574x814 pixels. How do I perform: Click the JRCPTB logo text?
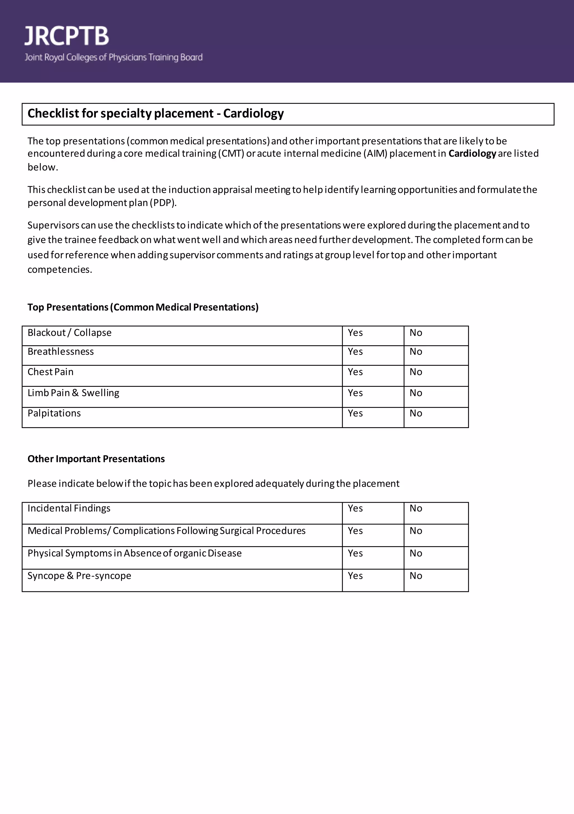point(67,36)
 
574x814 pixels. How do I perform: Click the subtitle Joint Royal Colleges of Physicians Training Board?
point(113,58)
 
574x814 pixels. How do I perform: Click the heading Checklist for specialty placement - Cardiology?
point(156,113)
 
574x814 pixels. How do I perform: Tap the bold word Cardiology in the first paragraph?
point(472,154)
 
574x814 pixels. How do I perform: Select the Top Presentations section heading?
point(143,307)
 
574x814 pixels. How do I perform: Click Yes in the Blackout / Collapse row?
point(355,333)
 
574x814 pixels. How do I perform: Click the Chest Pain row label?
point(51,372)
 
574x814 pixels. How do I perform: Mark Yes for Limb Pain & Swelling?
point(355,393)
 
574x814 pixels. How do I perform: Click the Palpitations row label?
point(54,413)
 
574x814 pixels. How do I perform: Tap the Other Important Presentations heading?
point(96,459)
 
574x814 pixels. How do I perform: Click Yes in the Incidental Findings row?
point(355,508)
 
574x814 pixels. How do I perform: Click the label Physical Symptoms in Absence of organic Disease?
point(135,554)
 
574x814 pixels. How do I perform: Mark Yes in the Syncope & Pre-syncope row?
point(355,576)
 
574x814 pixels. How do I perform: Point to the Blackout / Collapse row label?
point(70,333)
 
